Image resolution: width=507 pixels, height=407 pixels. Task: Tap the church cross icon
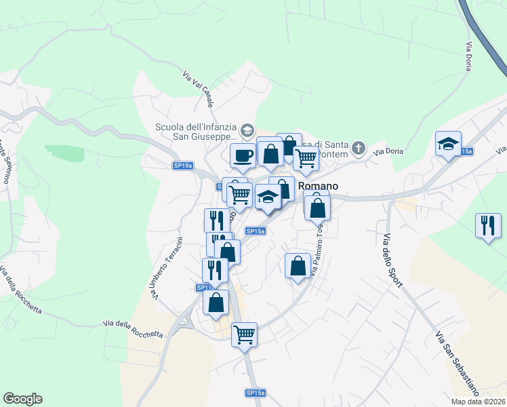tap(359, 147)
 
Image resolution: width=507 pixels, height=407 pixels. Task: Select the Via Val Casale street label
tap(198, 90)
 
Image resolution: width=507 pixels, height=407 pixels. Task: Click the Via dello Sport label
tap(392, 260)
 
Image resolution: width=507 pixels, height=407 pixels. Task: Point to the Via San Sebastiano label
tap(458, 364)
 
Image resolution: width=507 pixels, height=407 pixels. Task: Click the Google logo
tap(22, 399)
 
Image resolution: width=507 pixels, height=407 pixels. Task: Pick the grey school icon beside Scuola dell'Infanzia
tap(248, 130)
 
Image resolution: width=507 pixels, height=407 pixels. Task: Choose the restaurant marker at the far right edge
tap(488, 226)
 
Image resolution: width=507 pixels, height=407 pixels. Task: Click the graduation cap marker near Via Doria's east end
tap(448, 144)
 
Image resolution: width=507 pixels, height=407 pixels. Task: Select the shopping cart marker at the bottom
tap(244, 334)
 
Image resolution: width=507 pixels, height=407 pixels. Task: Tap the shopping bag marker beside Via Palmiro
tap(298, 266)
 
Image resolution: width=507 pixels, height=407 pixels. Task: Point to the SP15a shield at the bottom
tap(255, 393)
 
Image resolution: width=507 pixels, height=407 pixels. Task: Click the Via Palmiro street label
tap(316, 248)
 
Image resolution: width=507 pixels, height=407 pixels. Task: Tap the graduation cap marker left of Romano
tap(268, 197)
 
